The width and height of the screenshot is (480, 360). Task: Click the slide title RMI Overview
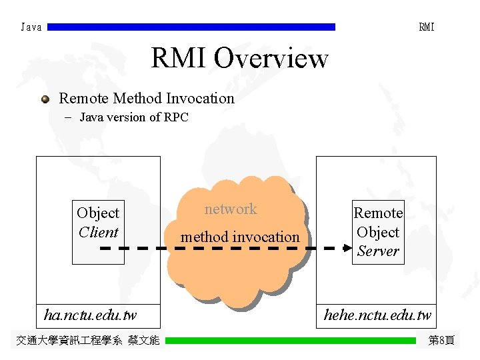tap(239, 58)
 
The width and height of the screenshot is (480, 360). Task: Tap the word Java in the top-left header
tap(31, 27)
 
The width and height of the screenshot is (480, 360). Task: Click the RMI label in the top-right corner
tap(427, 27)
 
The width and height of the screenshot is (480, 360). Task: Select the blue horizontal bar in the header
tap(191, 27)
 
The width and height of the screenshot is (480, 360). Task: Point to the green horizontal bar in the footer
tap(290, 341)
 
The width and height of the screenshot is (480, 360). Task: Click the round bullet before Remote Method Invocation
tap(45, 99)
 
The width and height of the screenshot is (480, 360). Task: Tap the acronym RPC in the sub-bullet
tap(176, 118)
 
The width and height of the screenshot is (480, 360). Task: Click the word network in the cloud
tap(230, 209)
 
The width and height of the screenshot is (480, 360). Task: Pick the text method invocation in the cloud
tap(240, 237)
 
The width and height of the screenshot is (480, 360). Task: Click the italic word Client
tap(98, 233)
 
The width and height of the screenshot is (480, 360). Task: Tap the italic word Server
tap(378, 251)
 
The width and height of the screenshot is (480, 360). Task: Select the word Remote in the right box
tap(378, 213)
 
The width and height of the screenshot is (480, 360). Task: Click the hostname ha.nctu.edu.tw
tap(90, 314)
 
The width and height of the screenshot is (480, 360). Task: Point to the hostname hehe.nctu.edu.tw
tap(377, 315)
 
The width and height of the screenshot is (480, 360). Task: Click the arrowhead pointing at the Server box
tap(347, 248)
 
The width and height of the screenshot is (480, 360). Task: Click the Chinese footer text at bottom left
tap(87, 341)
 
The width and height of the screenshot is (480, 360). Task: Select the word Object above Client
tap(98, 213)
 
